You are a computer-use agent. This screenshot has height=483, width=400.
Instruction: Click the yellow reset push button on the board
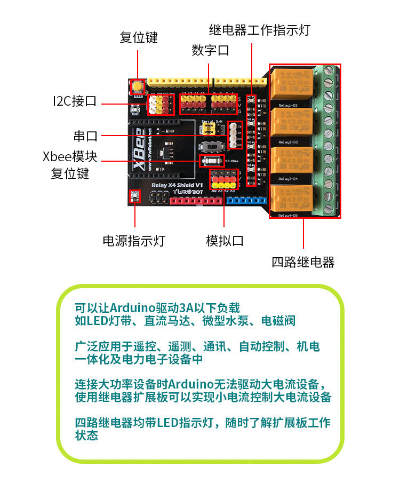[138, 86]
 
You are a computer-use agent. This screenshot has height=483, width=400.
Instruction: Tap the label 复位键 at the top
[139, 38]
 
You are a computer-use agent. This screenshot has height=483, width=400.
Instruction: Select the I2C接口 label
[75, 101]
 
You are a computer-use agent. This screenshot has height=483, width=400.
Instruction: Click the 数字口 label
[210, 51]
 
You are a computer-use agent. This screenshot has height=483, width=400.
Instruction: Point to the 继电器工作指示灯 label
[260, 30]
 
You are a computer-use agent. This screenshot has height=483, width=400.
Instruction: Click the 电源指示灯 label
[134, 241]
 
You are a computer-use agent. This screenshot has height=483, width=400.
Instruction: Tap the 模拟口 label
[225, 241]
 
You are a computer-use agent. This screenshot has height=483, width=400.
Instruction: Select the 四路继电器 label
[303, 262]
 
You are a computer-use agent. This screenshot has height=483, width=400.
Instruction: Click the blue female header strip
[246, 201]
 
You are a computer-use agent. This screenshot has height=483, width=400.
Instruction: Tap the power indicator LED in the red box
[134, 197]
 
